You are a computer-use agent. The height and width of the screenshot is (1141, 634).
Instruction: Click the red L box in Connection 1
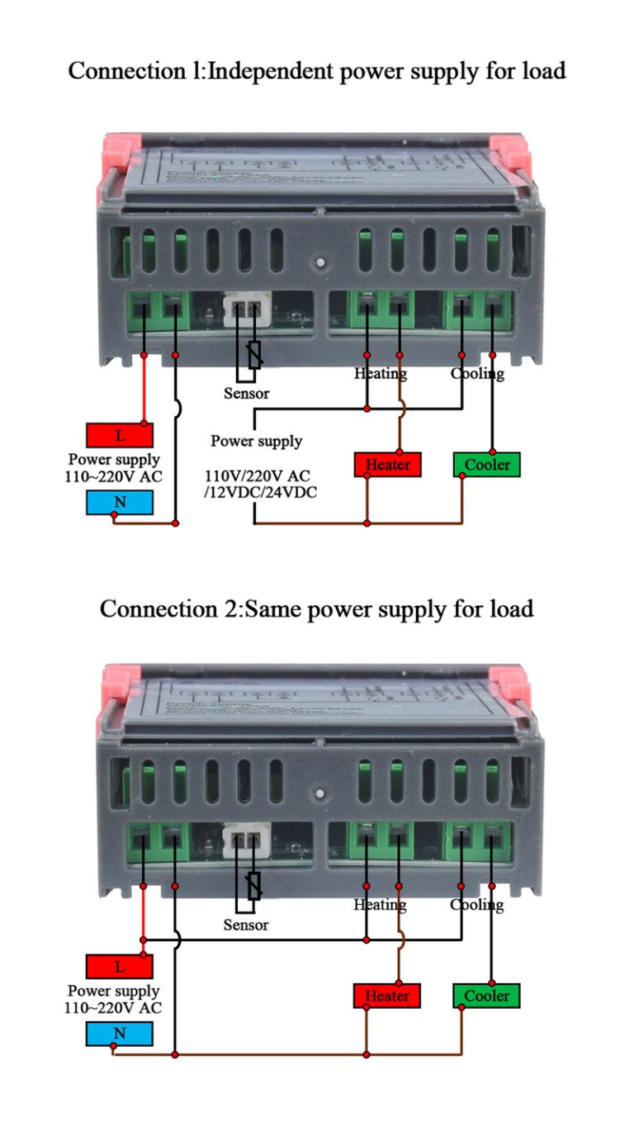tap(120, 435)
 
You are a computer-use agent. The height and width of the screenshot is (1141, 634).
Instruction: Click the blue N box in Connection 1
tap(120, 502)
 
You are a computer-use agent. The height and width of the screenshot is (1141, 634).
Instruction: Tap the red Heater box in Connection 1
tap(387, 465)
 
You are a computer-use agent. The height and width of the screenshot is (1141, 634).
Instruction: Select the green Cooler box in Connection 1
tap(487, 465)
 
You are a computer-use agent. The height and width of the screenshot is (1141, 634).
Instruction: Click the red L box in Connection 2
tap(120, 966)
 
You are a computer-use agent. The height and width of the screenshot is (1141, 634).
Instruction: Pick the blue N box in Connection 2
tap(120, 1034)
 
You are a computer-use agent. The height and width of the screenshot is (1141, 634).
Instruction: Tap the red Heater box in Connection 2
tap(387, 996)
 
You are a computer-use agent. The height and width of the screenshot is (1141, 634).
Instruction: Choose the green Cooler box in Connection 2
tap(487, 996)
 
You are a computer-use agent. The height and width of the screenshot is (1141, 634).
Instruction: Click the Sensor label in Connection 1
tap(246, 394)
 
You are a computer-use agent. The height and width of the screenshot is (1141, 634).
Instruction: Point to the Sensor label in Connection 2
tap(246, 925)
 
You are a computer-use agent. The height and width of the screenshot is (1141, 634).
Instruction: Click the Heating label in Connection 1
tap(381, 373)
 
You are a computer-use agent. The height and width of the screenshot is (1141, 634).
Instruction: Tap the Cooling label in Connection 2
tap(477, 905)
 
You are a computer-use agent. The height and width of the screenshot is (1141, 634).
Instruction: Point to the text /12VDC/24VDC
tap(260, 493)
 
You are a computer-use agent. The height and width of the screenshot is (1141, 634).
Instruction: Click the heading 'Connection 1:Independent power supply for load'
tap(317, 71)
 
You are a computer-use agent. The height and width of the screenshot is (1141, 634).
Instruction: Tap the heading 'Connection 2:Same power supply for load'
tap(317, 609)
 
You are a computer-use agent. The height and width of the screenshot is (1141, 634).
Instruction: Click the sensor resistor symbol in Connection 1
tap(255, 354)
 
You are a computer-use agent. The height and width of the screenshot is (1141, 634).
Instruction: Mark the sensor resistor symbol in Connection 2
tap(255, 885)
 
